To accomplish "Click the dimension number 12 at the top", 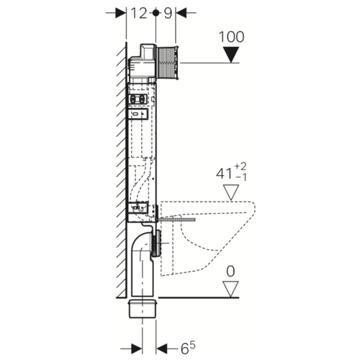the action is click(139, 13).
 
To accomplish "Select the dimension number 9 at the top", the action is click(168, 13).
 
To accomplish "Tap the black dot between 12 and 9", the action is click(156, 13).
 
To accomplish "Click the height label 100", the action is click(231, 37).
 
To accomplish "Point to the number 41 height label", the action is click(224, 174).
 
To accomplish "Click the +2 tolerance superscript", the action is click(240, 166).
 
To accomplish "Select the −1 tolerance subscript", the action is click(241, 177).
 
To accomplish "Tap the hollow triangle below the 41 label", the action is click(231, 192).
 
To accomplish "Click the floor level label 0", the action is click(230, 271).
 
